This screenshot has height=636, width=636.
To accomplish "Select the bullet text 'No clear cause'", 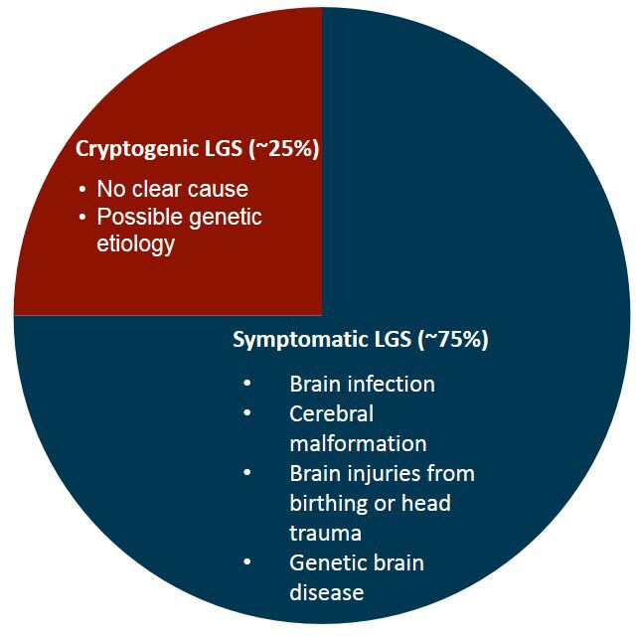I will pyautogui.click(x=172, y=189).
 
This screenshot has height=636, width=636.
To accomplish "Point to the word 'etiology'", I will pyautogui.click(x=135, y=242).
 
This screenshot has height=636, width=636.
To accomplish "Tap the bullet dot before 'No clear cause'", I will pyautogui.click(x=82, y=189).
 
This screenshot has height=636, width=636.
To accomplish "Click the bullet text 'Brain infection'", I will pyautogui.click(x=362, y=384).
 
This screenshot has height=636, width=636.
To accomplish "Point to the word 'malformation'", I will pyautogui.click(x=358, y=443).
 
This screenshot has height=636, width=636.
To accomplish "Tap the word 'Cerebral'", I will pyautogui.click(x=332, y=413).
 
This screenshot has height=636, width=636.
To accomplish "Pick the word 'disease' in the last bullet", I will pyautogui.click(x=327, y=592).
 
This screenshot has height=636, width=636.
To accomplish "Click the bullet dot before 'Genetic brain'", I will pyautogui.click(x=246, y=562).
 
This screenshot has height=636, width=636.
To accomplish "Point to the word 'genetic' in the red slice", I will pyautogui.click(x=229, y=216).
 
